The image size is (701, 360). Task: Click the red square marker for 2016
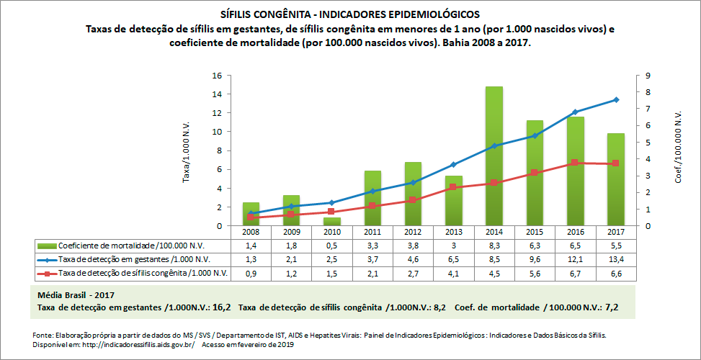click(x=574, y=163)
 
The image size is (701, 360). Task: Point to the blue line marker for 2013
click(x=452, y=165)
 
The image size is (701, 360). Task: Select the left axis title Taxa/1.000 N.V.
click(x=186, y=150)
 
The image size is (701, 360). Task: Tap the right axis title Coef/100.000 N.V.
click(x=678, y=150)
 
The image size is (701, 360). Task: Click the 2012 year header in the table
click(x=412, y=233)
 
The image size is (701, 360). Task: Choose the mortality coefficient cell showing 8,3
click(x=494, y=246)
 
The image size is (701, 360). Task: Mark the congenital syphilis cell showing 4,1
click(x=452, y=273)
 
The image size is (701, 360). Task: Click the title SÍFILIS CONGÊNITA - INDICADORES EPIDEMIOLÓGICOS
click(x=350, y=14)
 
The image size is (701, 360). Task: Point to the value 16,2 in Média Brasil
click(x=221, y=307)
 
